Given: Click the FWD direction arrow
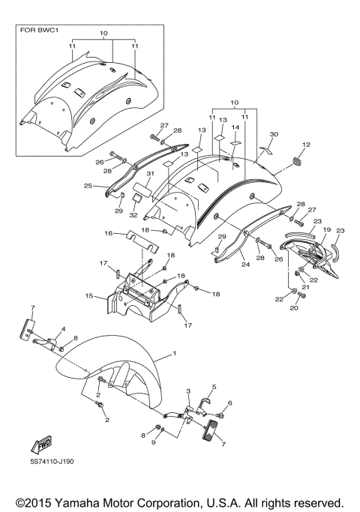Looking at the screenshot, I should point(39,444).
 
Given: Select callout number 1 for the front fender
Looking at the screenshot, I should point(174,353).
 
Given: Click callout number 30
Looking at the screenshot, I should point(274,133).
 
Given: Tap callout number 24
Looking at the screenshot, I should point(244,264).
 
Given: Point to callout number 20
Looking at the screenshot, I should point(293,308).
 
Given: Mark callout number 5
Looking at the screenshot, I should point(214,387).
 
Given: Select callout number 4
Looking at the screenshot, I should point(63,329).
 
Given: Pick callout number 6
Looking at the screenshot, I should point(230,403).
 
